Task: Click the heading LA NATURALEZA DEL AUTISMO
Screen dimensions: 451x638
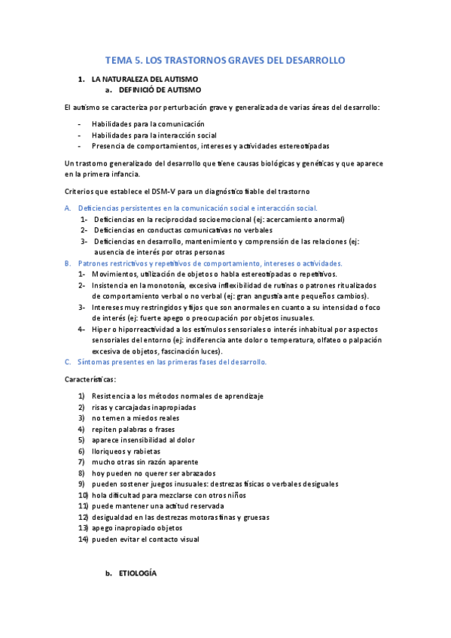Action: coord(145,79)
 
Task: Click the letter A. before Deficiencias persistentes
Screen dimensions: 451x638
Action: coord(67,208)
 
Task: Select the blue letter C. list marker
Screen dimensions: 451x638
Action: coord(67,362)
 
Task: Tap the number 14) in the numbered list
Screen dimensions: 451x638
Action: coord(83,539)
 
